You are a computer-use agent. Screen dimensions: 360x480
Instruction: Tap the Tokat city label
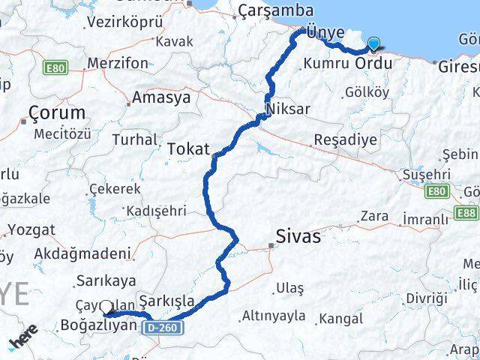coord(188,148)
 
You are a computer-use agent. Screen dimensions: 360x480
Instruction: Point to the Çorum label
coord(57,114)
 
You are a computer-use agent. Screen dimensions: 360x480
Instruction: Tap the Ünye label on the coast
coord(325,32)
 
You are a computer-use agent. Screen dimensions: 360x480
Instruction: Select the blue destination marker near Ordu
coord(373,46)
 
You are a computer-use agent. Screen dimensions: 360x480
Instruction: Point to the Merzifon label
coord(118,64)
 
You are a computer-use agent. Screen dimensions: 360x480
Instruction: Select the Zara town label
coord(373,216)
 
